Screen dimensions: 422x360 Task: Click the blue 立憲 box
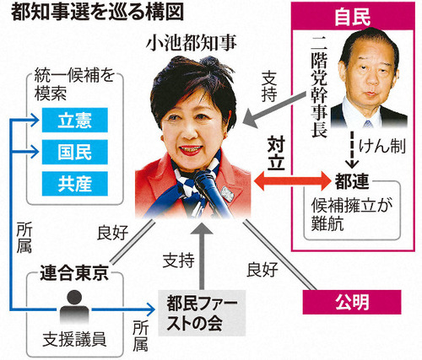click(75, 120)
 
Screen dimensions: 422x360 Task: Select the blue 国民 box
click(75, 152)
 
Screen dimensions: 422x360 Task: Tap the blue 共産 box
click(75, 184)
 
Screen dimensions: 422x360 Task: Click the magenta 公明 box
click(352, 302)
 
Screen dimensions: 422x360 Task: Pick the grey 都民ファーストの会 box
click(202, 314)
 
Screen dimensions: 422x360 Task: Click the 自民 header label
click(353, 17)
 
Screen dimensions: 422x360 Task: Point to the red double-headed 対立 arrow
click(292, 181)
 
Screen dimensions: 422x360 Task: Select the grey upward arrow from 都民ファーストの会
click(202, 257)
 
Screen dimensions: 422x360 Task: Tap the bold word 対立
click(276, 153)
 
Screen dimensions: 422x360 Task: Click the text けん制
click(382, 147)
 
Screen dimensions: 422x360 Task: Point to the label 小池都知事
click(192, 44)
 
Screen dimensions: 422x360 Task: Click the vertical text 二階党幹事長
click(319, 87)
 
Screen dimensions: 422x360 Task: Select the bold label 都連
click(352, 181)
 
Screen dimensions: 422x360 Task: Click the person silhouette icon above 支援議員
click(74, 307)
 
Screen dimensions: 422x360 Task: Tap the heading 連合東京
click(74, 273)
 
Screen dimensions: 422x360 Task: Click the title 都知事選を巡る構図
click(97, 12)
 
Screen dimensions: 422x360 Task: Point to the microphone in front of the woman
click(211, 191)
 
